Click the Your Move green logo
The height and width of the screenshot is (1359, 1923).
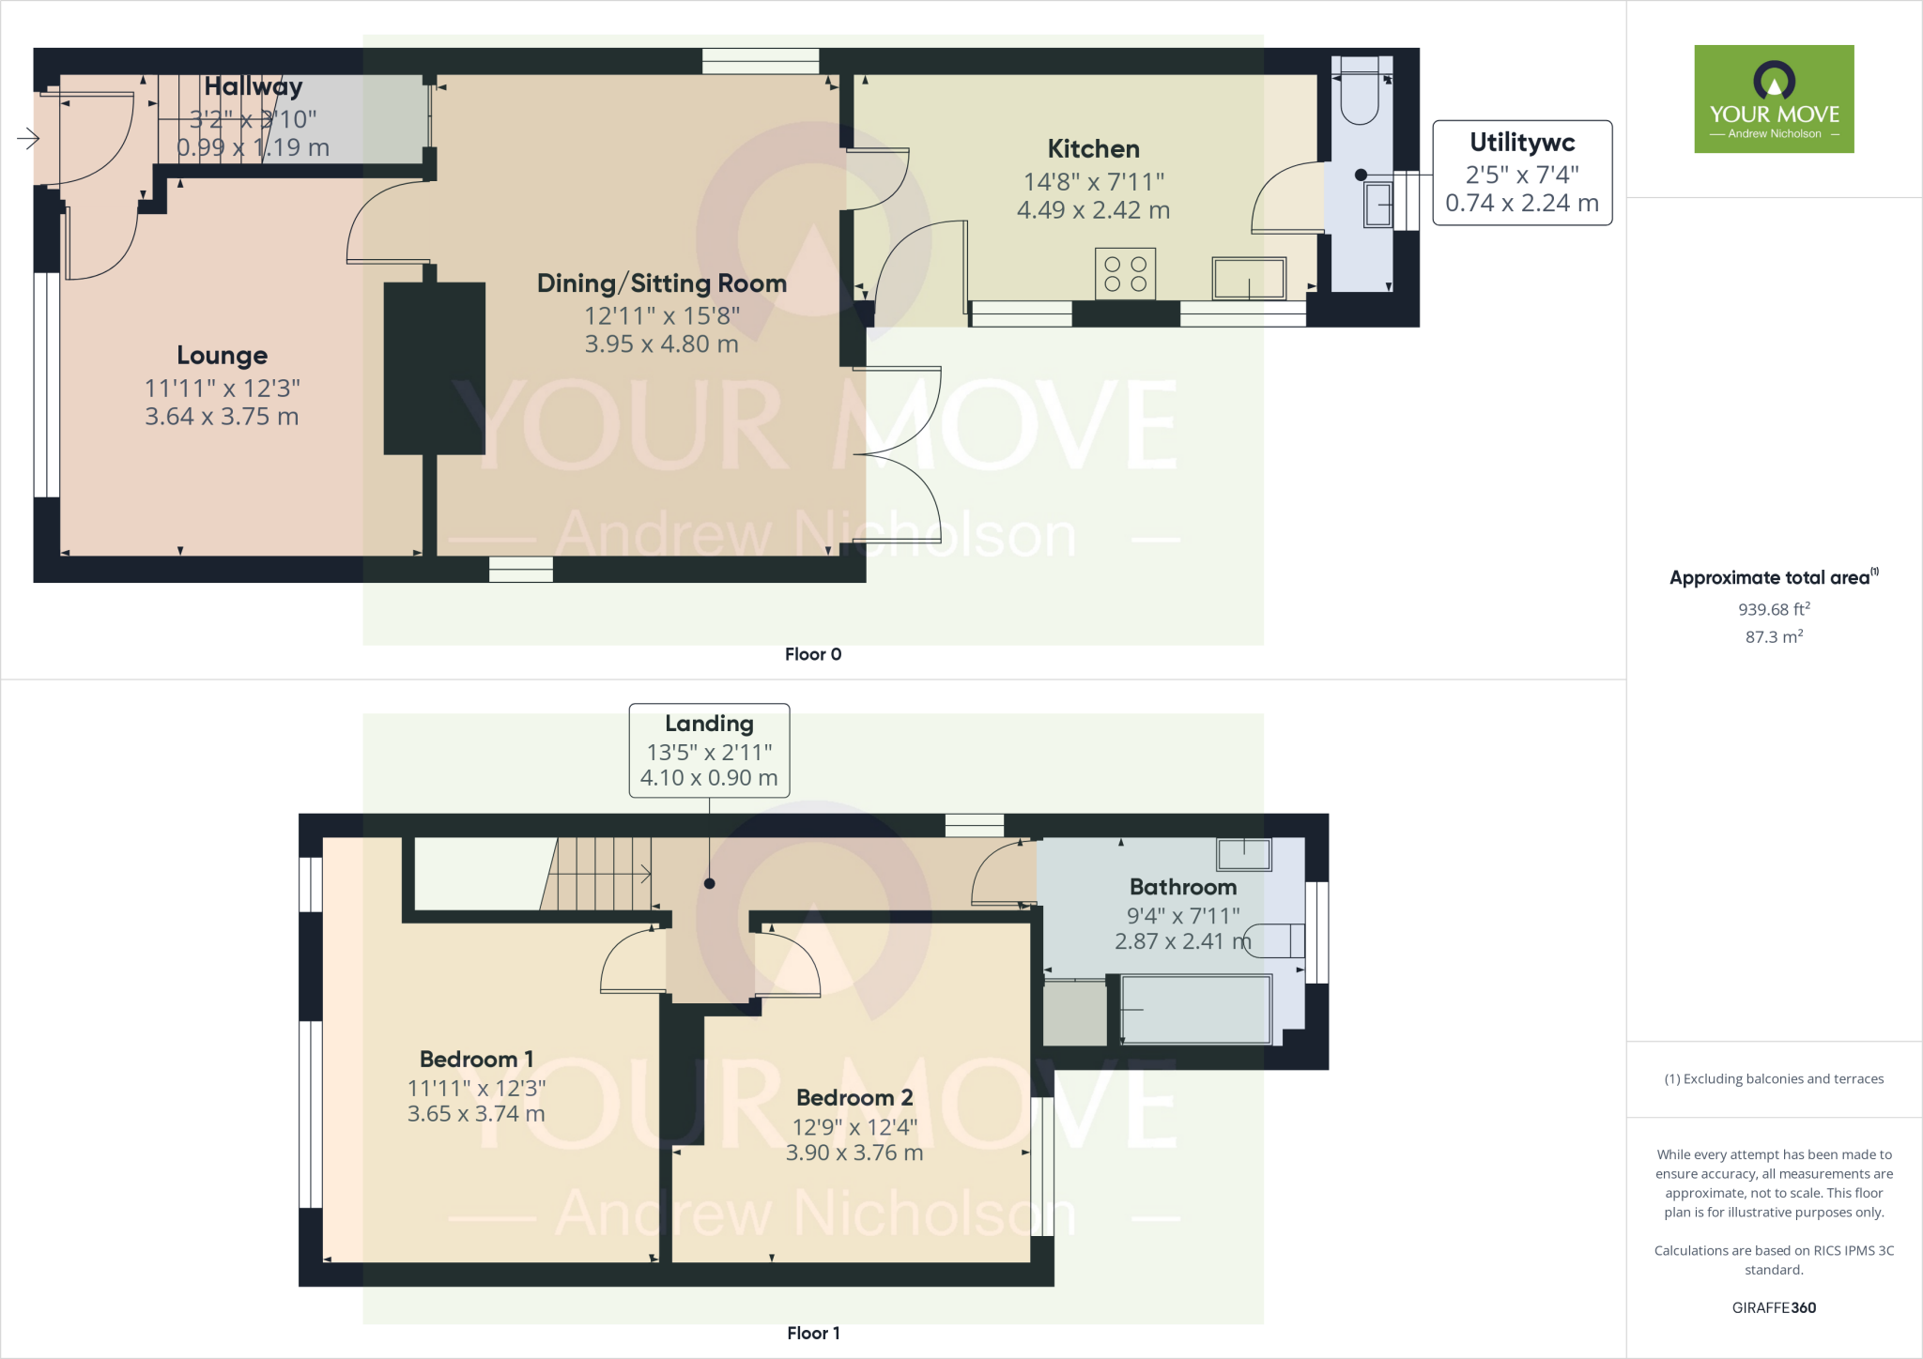[1774, 99]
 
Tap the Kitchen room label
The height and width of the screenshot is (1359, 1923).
[1093, 149]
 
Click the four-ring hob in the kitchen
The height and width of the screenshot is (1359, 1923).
[1125, 274]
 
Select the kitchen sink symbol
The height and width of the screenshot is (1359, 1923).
[1249, 278]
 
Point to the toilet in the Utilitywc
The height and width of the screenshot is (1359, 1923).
[1359, 94]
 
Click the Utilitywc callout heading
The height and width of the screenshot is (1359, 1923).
[1522, 143]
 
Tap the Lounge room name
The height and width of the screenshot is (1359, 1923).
[223, 356]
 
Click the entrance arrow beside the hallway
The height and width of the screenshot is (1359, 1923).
[28, 140]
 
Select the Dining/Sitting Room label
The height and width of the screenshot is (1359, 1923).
[661, 283]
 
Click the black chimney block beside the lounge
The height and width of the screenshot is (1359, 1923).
[434, 368]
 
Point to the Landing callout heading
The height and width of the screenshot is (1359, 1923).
[709, 724]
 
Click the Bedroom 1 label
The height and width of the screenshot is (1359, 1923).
[476, 1060]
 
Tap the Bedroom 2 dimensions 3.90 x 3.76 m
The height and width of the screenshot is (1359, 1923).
[854, 1153]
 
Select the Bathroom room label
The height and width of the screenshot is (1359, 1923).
[1183, 887]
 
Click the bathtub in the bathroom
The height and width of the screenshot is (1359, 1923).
[1195, 1010]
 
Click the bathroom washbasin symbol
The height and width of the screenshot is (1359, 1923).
[1244, 854]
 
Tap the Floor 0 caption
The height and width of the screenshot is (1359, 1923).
[813, 654]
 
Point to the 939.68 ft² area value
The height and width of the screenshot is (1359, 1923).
[1774, 609]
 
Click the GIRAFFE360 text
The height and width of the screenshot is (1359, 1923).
[1774, 1307]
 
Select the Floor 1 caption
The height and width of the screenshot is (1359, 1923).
[813, 1333]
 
